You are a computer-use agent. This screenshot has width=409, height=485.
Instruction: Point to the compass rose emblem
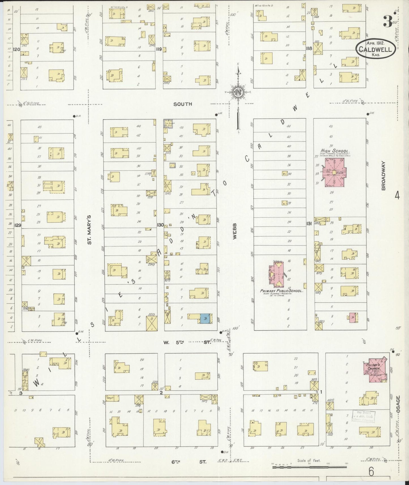(238, 93)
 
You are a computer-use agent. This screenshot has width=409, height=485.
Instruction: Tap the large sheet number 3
(388, 21)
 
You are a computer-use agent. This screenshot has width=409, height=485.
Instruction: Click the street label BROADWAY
(384, 175)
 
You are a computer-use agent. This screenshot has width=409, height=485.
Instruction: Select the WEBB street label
(235, 231)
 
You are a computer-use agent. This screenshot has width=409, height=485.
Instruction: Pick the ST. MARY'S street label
(89, 229)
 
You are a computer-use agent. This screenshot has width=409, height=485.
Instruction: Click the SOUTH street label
(183, 104)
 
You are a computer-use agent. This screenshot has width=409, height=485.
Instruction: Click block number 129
(18, 225)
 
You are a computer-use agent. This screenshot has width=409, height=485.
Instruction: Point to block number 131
(309, 224)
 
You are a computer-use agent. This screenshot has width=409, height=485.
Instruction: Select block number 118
(309, 48)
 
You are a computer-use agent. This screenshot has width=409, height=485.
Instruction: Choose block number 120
(17, 49)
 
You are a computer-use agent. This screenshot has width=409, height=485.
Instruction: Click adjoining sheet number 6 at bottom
(371, 472)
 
